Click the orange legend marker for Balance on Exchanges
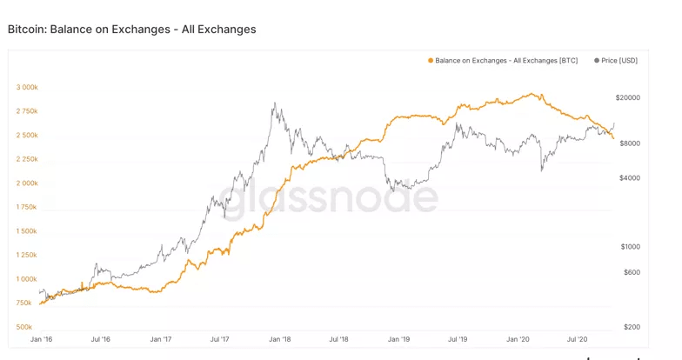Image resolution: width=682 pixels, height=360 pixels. pyautogui.click(x=430, y=60)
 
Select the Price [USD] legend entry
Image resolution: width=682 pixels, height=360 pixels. pyautogui.click(x=618, y=60)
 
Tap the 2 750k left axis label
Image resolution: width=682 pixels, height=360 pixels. pyautogui.click(x=27, y=111)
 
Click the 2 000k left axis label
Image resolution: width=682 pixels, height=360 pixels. pyautogui.click(x=27, y=183)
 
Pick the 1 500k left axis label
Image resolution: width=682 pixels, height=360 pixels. pyautogui.click(x=27, y=231)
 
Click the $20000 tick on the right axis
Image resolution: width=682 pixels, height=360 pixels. pyautogui.click(x=627, y=98)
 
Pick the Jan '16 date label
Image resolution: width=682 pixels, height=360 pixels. pyautogui.click(x=41, y=339)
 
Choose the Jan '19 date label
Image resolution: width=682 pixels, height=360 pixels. pyautogui.click(x=399, y=339)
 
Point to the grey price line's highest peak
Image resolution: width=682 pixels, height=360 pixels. pyautogui.click(x=274, y=103)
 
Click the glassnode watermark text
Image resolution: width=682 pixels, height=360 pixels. pyautogui.click(x=326, y=198)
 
